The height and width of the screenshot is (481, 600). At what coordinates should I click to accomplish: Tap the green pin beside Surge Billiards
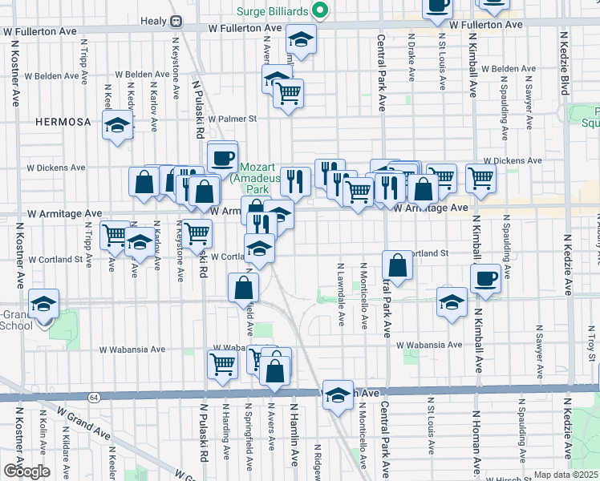pos(320,10)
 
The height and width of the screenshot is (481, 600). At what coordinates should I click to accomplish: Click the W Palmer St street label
pos(229,119)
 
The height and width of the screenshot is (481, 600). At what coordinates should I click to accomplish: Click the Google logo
pos(26,471)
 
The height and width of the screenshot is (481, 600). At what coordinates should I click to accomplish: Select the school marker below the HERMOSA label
pos(118,125)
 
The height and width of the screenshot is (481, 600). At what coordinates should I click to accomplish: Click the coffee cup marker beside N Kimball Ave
pos(484,278)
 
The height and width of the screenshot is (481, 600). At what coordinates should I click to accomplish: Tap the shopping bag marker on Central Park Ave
pos(398,264)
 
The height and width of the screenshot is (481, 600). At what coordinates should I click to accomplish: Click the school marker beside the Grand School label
pos(43,304)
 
